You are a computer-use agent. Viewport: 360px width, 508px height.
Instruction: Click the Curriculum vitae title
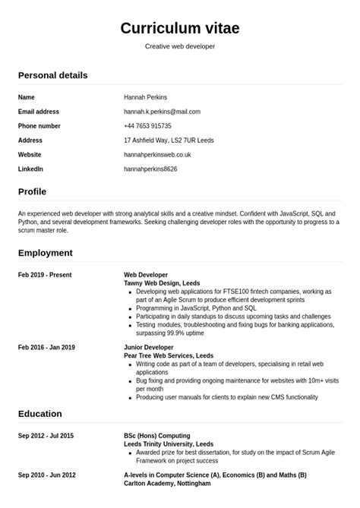point(180,28)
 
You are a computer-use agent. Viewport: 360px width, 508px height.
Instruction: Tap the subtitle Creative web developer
point(180,46)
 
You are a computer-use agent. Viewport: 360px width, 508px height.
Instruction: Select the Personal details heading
point(52,75)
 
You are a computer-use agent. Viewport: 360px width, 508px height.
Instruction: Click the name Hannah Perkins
point(145,97)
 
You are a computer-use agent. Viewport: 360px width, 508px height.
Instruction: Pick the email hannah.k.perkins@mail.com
point(162,112)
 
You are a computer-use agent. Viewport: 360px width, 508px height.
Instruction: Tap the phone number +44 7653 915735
point(147,126)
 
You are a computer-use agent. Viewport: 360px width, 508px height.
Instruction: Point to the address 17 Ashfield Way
point(169,140)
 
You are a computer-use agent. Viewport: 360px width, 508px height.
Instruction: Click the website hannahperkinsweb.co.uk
point(157,154)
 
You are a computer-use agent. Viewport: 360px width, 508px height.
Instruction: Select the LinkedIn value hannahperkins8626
point(150,169)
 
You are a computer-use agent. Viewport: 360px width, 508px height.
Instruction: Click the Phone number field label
point(39,126)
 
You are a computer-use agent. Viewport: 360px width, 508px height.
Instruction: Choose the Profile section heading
point(32,191)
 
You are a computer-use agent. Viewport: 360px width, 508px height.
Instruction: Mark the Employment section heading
point(46,253)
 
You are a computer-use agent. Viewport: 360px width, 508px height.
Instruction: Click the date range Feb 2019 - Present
point(46,274)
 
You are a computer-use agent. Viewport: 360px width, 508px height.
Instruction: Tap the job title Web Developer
point(146,274)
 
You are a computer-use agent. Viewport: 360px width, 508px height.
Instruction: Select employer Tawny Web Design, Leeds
point(162,282)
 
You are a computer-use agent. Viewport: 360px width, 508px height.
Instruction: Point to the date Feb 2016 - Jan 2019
point(46,347)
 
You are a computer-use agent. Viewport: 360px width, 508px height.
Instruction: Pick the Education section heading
point(40,414)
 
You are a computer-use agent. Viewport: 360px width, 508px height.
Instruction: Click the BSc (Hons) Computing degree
point(157,436)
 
